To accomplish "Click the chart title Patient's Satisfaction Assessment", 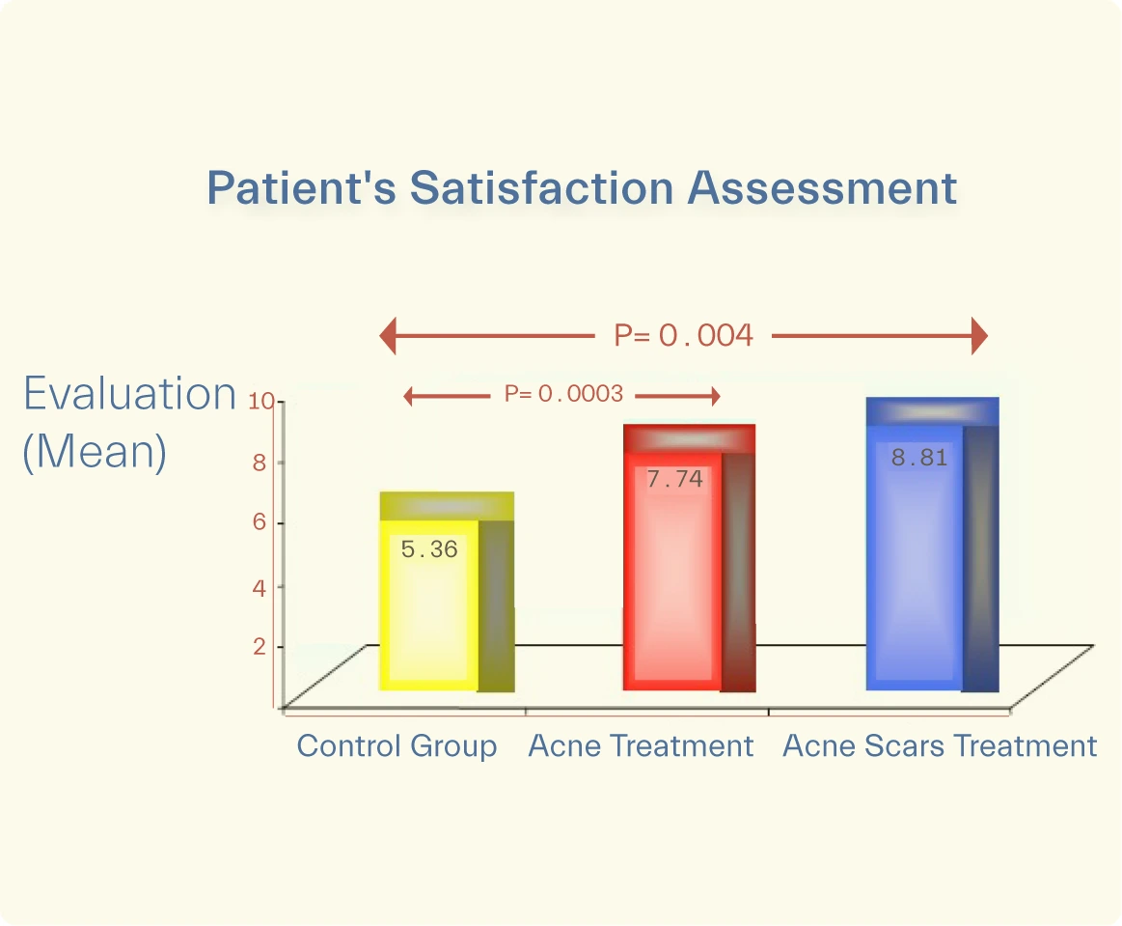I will click(582, 188).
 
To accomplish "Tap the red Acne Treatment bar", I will click(673, 579).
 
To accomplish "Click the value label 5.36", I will click(429, 550).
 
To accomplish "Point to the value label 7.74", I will click(674, 479).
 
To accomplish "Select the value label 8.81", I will click(918, 459).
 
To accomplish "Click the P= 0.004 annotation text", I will click(683, 336).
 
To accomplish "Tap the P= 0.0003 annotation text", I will click(563, 394).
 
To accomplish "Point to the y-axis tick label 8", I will click(259, 463).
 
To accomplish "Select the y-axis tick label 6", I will click(259, 523).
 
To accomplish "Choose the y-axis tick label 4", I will click(259, 586).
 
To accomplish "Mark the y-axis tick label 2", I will click(259, 646).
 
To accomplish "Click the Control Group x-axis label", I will click(397, 746).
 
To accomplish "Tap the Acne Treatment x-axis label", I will click(641, 746).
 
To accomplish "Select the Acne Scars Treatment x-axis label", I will click(940, 746).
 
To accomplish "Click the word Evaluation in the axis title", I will click(129, 395).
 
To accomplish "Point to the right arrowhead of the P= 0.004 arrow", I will click(979, 336).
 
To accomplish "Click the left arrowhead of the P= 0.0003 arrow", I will click(409, 395).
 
